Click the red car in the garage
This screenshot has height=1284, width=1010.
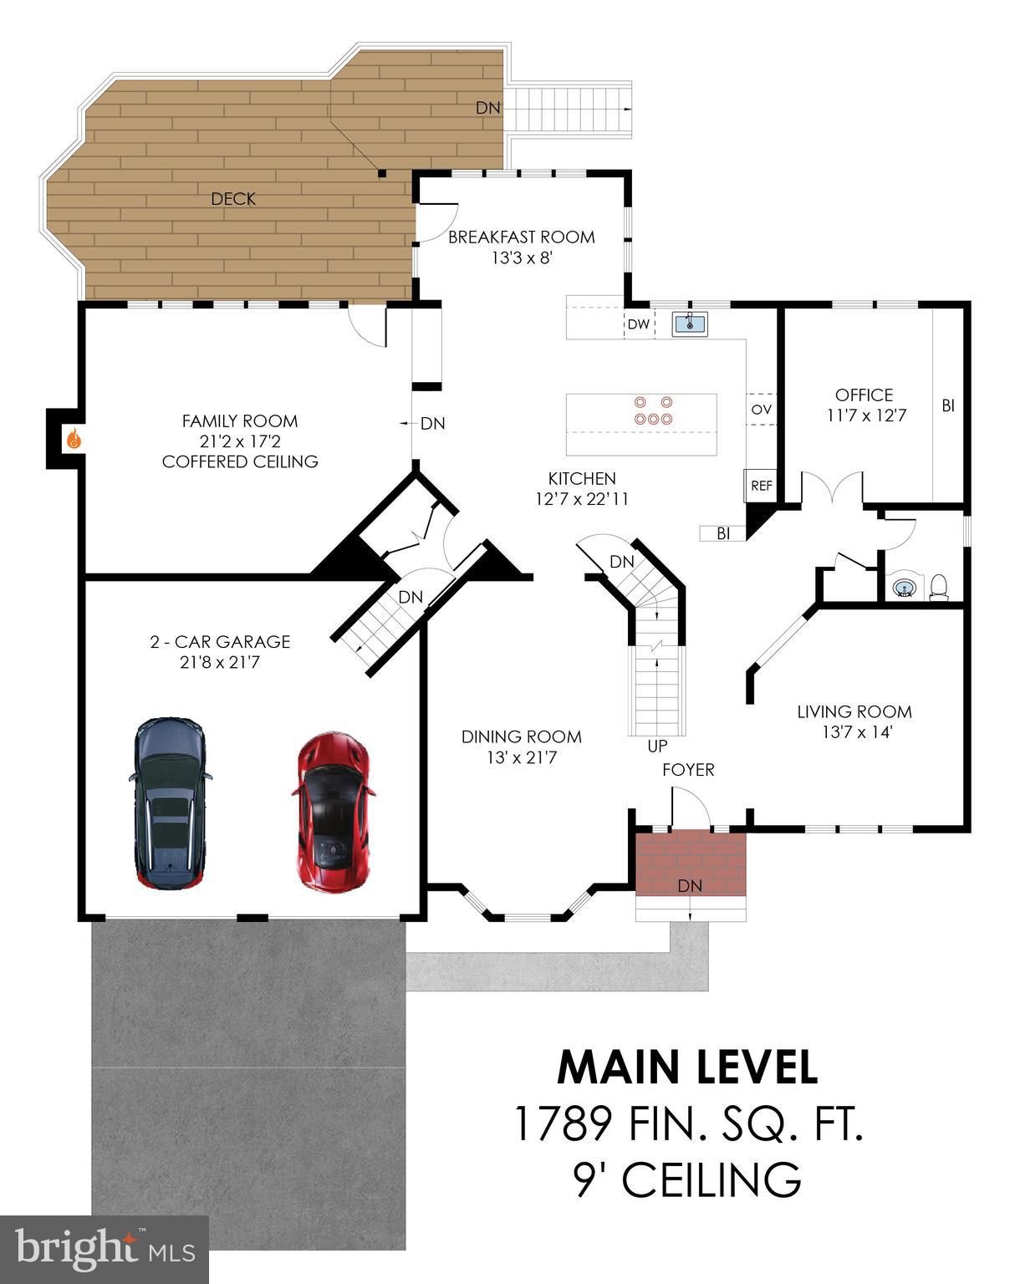[333, 813]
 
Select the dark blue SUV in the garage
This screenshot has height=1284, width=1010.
[170, 802]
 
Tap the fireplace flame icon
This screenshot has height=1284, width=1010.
[73, 438]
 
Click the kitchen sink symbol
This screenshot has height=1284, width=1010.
[691, 324]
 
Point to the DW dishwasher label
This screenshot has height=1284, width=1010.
[638, 324]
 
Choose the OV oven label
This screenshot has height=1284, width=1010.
[761, 410]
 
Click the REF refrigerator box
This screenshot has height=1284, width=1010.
[761, 486]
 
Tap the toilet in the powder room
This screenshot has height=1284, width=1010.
[938, 587]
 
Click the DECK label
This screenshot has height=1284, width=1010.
[233, 199]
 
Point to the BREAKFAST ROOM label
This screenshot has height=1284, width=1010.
[521, 237]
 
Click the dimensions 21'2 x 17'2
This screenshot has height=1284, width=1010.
[240, 441]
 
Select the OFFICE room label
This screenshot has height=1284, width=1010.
[864, 395]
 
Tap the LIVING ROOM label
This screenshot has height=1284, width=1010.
[854, 711]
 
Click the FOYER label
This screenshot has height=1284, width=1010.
[688, 770]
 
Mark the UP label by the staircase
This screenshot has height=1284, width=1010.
[657, 745]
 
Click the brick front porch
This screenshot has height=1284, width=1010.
[690, 863]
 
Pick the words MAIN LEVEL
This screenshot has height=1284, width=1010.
[687, 1067]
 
